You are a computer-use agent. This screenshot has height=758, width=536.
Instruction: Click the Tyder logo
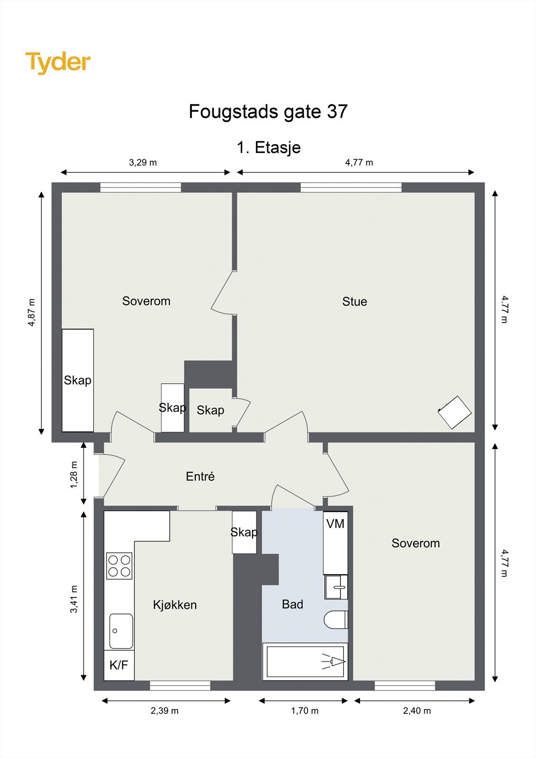[58, 63]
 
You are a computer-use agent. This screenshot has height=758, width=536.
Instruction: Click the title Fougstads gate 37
[268, 112]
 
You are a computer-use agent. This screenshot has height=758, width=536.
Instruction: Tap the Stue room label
[354, 302]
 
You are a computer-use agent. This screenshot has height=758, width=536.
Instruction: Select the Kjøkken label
[174, 605]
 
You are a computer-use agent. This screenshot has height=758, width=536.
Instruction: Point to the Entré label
[200, 477]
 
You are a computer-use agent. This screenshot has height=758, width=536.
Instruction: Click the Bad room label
[292, 605]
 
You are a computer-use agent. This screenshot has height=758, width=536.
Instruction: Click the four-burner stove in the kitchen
[119, 566]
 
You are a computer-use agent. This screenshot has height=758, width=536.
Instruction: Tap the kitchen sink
[121, 631]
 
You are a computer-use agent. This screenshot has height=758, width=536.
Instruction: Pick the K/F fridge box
[118, 665]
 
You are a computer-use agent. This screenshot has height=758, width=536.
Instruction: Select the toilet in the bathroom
[336, 620]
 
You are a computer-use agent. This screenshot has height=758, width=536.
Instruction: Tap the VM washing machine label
[335, 524]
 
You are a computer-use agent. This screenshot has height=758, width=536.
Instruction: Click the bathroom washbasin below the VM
[336, 587]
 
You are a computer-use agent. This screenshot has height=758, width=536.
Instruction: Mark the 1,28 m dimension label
[74, 474]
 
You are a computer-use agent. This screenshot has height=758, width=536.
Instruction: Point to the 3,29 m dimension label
[143, 162]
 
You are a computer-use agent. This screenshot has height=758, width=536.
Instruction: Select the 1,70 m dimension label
[304, 711]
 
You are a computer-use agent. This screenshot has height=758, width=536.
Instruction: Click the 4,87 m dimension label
[32, 312]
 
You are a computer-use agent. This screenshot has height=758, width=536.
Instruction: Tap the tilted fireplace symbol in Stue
[454, 412]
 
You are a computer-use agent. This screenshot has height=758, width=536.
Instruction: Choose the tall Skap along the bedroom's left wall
[78, 380]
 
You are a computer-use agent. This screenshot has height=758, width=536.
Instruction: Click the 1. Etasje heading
[268, 147]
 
